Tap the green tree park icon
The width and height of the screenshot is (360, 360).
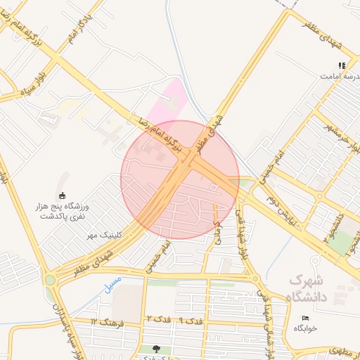156,349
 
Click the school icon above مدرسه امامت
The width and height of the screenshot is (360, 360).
342,65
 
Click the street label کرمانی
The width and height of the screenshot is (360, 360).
218,233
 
